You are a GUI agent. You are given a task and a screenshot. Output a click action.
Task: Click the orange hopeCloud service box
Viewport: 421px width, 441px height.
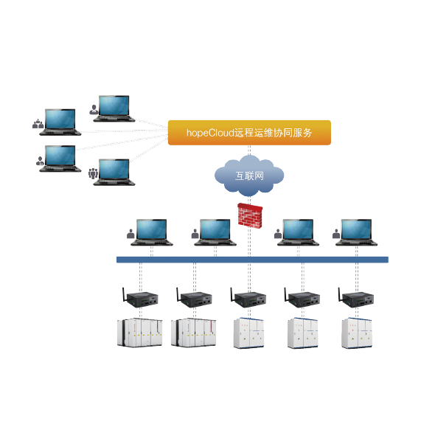[249, 133]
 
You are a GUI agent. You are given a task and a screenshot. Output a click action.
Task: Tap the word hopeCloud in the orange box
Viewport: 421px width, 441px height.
[210, 133]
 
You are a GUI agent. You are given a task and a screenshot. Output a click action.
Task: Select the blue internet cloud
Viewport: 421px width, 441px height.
[249, 176]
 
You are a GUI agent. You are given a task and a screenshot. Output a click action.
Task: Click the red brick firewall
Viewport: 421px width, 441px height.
[250, 215]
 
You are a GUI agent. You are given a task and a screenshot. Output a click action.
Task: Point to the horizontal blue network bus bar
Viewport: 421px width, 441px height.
[252, 260]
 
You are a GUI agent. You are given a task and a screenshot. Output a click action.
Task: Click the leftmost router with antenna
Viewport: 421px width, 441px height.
[140, 297]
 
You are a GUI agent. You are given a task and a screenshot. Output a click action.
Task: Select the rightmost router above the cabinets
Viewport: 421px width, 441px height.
[356, 297]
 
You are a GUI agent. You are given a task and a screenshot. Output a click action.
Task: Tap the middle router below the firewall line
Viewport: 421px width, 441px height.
[248, 297]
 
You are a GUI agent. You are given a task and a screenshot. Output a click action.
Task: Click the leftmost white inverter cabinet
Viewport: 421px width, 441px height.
[139, 333]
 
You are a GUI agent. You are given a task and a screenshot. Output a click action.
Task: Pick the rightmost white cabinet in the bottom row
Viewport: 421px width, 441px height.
[357, 333]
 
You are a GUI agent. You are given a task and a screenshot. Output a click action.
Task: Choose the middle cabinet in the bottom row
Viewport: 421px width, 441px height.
[248, 333]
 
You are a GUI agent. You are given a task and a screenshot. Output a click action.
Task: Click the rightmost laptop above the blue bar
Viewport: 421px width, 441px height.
[356, 232]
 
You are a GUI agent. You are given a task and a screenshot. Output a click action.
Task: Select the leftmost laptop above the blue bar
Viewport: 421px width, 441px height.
[152, 232]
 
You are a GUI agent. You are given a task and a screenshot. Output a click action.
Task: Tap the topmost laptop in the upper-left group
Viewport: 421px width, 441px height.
[114, 108]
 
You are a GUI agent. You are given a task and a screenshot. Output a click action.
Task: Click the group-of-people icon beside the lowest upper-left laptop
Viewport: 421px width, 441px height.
[93, 173]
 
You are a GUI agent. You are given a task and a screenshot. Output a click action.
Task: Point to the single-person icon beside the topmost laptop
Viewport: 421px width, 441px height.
[94, 110]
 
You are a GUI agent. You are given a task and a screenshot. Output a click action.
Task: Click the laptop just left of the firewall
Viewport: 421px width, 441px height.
[215, 232]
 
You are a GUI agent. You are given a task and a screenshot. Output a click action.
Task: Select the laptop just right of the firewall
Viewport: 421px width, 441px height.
[298, 232]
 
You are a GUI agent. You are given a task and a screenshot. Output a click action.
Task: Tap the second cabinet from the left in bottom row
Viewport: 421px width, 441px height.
[193, 333]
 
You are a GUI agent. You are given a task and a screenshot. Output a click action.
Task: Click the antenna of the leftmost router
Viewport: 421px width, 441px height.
[124, 294]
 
